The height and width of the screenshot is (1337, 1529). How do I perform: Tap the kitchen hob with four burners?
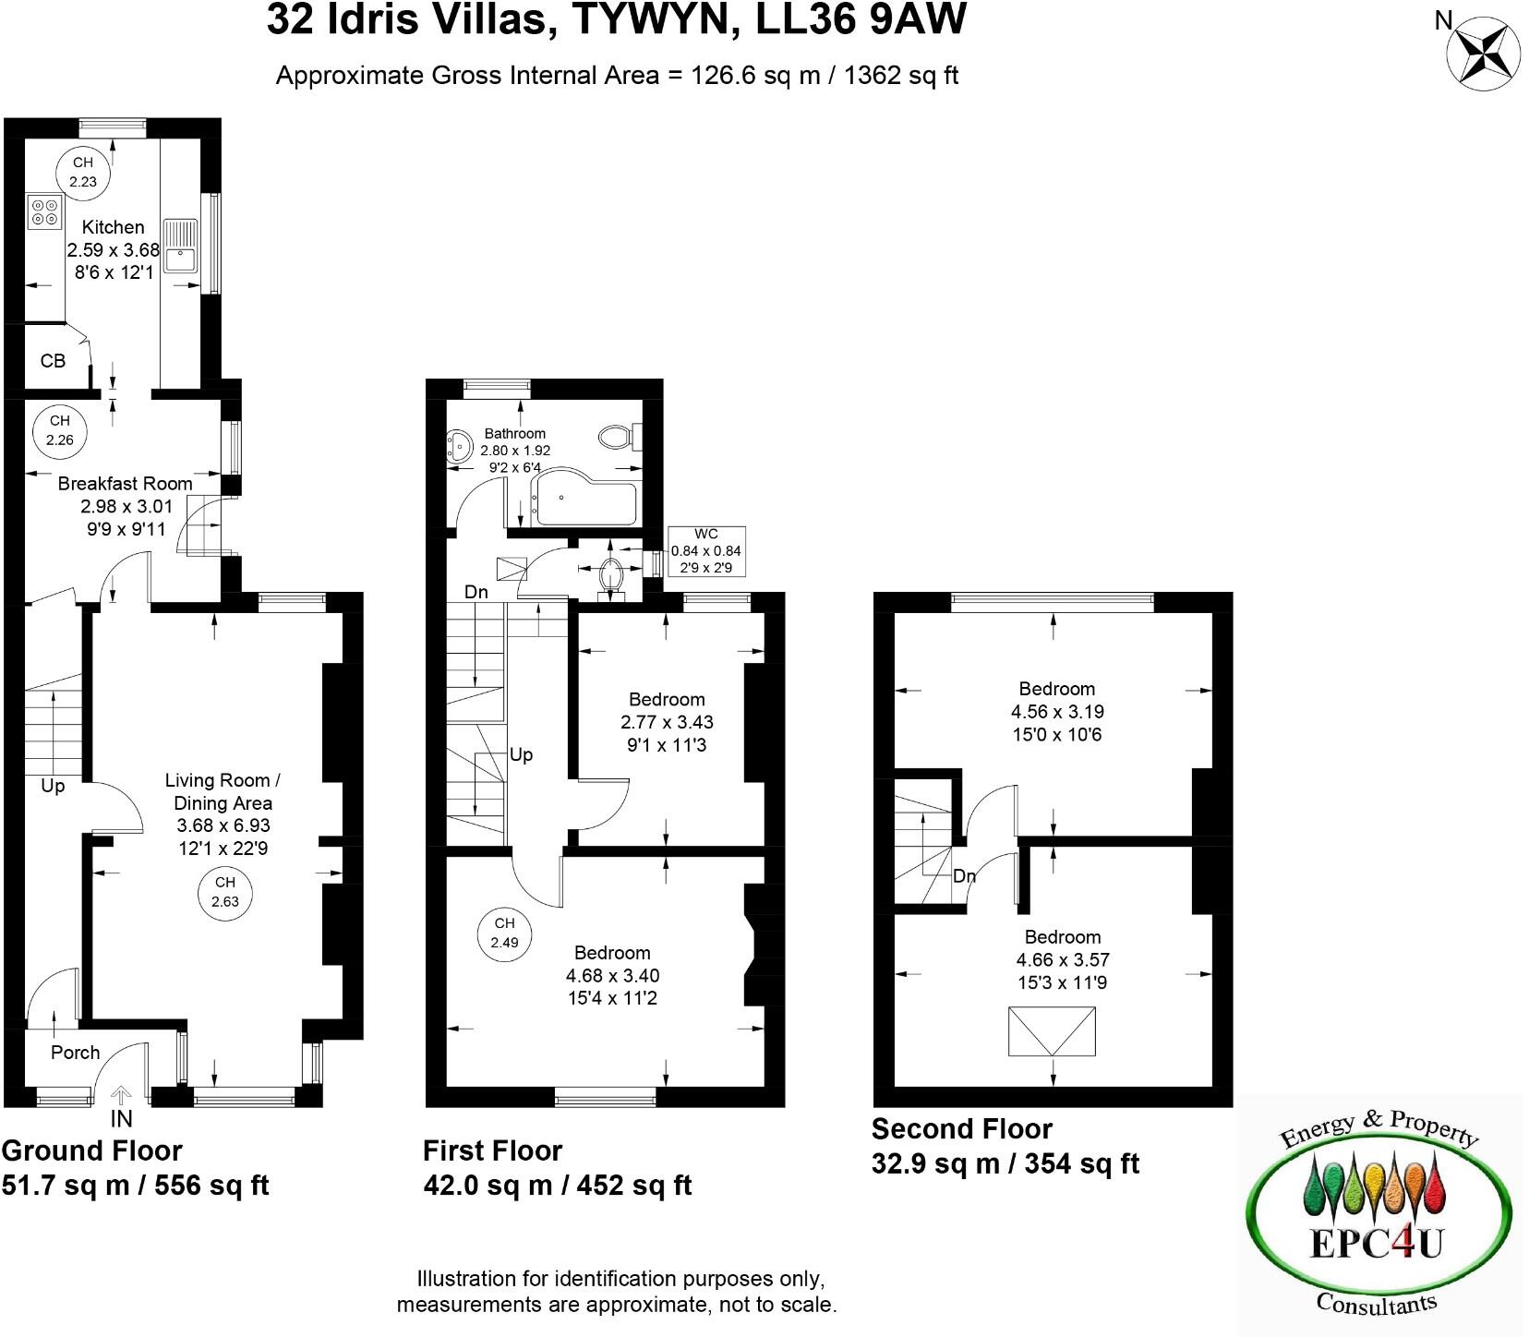(x=42, y=211)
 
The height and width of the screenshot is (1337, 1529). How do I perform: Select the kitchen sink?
(x=179, y=247)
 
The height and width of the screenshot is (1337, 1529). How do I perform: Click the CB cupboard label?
(x=53, y=361)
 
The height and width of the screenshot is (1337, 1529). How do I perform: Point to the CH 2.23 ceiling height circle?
(x=83, y=173)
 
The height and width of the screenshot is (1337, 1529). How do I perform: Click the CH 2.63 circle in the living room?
(x=224, y=892)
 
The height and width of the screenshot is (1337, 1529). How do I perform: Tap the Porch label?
(x=75, y=1053)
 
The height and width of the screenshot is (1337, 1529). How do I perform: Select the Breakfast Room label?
(x=125, y=483)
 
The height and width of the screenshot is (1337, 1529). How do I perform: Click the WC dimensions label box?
(x=706, y=551)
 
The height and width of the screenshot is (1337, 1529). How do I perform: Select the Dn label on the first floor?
(x=476, y=593)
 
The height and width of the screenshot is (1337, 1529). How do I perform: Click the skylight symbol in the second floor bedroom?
(x=1053, y=1031)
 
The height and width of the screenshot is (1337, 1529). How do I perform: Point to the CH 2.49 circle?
(x=504, y=933)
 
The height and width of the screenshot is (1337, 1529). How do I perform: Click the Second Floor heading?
(x=961, y=1129)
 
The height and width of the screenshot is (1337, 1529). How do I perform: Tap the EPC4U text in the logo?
(x=1377, y=1244)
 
